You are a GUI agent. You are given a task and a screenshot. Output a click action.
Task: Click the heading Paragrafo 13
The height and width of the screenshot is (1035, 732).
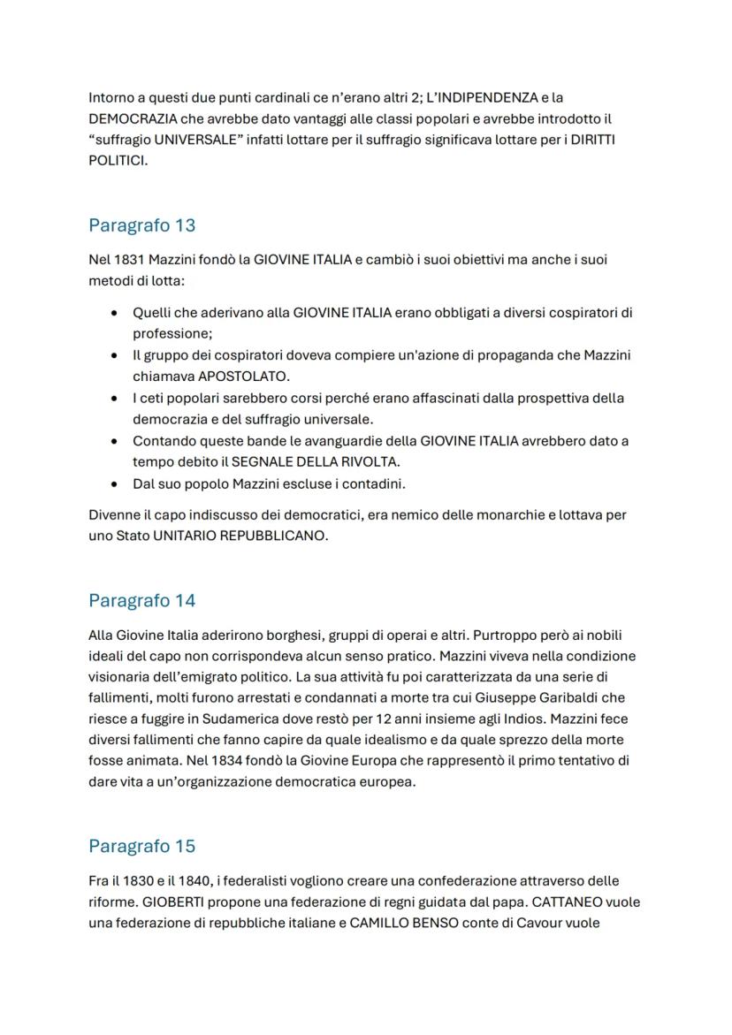[x=141, y=225]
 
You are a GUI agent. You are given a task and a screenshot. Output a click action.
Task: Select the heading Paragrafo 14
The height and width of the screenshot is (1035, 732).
[x=141, y=601]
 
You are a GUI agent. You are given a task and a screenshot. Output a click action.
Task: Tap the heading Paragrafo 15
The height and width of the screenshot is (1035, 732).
[x=141, y=846]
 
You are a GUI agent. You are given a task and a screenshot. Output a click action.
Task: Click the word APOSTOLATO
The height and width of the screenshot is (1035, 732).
[x=244, y=376]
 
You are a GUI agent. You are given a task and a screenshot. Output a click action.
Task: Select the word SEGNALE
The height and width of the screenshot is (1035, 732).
[x=262, y=461]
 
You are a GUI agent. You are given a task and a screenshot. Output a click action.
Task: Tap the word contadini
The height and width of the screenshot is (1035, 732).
[x=375, y=483]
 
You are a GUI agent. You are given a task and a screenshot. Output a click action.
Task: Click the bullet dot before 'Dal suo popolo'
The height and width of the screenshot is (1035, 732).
[x=114, y=484]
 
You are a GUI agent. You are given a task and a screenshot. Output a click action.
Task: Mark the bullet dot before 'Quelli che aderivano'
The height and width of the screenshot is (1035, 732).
[x=114, y=313]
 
